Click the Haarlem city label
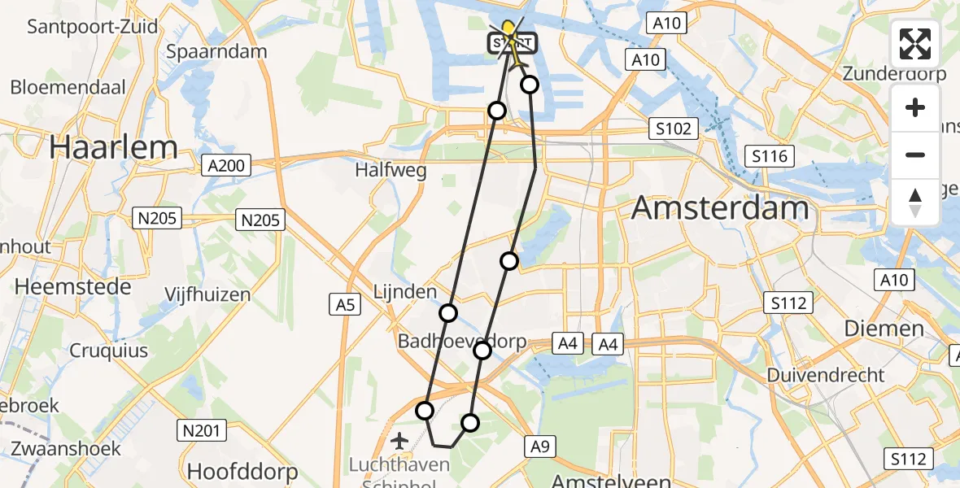click(113, 147)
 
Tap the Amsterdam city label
click(720, 208)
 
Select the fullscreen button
click(915, 44)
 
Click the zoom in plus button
click(915, 107)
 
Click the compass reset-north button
click(915, 202)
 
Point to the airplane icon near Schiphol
click(399, 441)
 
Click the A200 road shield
click(225, 166)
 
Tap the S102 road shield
click(674, 129)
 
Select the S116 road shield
click(769, 155)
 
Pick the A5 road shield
click(345, 305)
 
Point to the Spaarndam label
click(216, 51)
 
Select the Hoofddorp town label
click(242, 471)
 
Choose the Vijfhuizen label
click(207, 294)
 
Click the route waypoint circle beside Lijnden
click(448, 313)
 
